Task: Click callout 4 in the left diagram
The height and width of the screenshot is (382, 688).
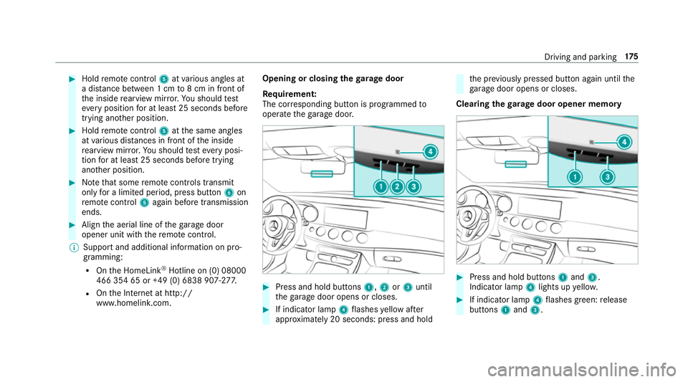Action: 430,151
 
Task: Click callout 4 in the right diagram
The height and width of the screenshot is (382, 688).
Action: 624,142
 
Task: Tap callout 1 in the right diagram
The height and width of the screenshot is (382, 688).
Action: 574,176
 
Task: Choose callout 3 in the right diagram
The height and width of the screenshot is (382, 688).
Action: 606,176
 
